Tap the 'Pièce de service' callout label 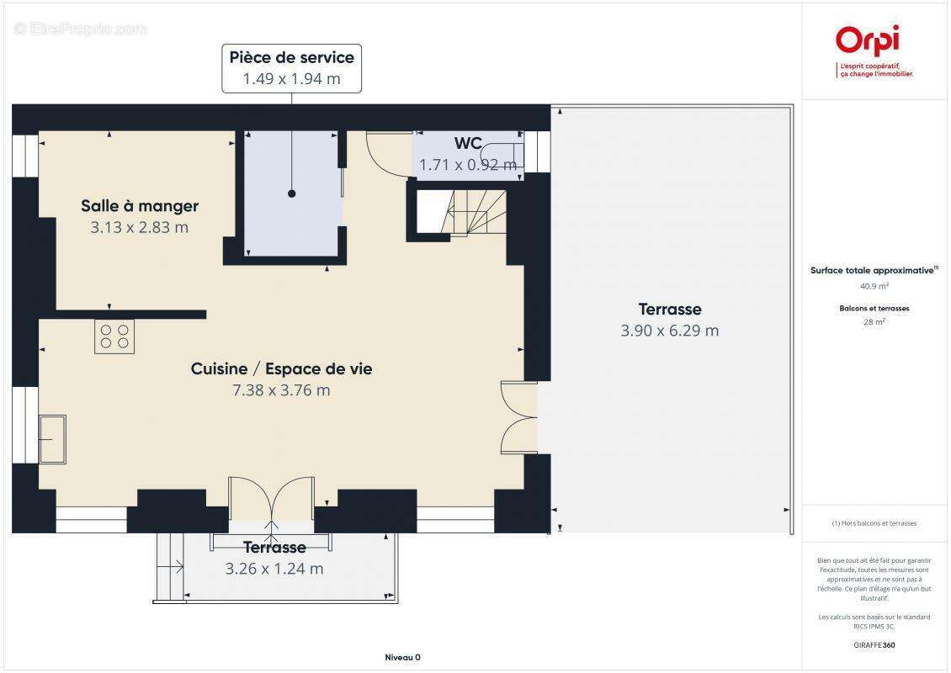[292, 58]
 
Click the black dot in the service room [292, 193]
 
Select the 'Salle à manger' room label [140, 206]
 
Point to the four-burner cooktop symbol [114, 336]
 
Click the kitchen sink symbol [52, 438]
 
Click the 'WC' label [469, 144]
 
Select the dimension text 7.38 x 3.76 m [281, 390]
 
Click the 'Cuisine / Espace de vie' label [281, 368]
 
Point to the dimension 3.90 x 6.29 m [669, 331]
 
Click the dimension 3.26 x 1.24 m [274, 569]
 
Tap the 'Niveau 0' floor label [401, 658]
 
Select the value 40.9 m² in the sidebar [874, 285]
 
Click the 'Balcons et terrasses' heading [874, 309]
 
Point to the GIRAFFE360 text [874, 645]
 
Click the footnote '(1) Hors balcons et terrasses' [874, 523]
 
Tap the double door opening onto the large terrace [518, 418]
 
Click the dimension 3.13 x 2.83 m [140, 227]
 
